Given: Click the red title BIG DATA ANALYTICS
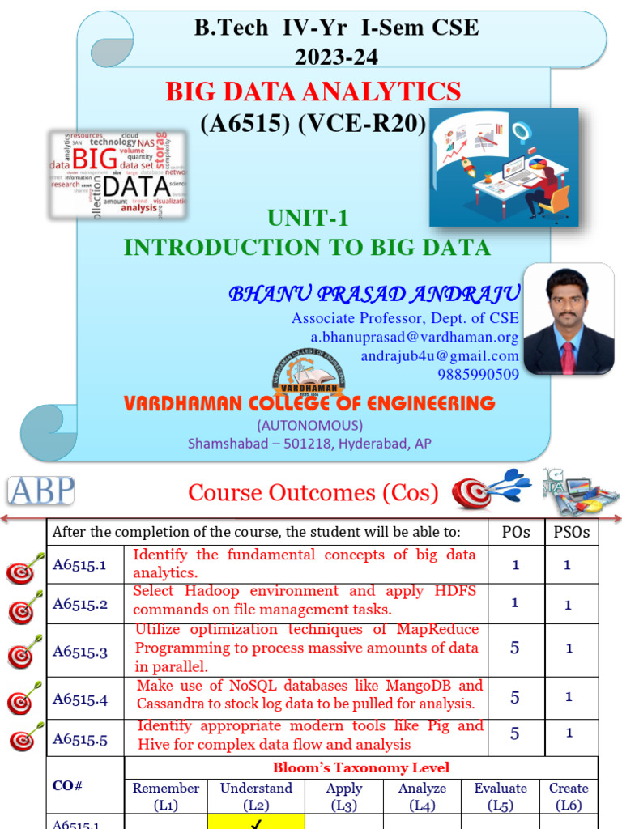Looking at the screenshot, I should click(x=313, y=91).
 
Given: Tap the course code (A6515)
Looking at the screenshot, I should click(x=239, y=124).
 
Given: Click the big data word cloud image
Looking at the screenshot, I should click(x=117, y=174).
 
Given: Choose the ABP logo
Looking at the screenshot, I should click(x=40, y=491).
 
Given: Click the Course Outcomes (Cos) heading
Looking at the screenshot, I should click(x=313, y=492).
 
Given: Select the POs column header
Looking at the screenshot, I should click(x=515, y=532).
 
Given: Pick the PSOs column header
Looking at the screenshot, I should click(x=570, y=532).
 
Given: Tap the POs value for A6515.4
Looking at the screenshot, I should click(x=515, y=697).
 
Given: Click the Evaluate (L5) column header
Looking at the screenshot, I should click(x=500, y=797).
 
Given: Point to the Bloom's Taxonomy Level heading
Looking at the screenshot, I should click(x=360, y=767).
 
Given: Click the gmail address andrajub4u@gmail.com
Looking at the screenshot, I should click(x=439, y=355).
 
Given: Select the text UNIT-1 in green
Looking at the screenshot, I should click(x=307, y=218).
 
